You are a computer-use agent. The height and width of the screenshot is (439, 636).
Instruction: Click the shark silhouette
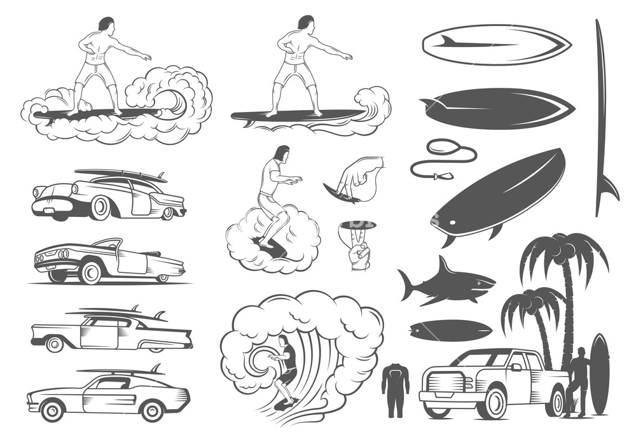(x=445, y=282)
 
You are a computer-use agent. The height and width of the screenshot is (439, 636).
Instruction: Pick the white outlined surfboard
(x=496, y=45)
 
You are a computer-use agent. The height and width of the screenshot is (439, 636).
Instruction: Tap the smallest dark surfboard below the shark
(x=450, y=330)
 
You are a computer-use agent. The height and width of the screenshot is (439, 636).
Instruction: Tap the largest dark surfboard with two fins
(x=499, y=194)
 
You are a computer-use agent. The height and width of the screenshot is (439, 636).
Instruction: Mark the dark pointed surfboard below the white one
(x=496, y=107)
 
